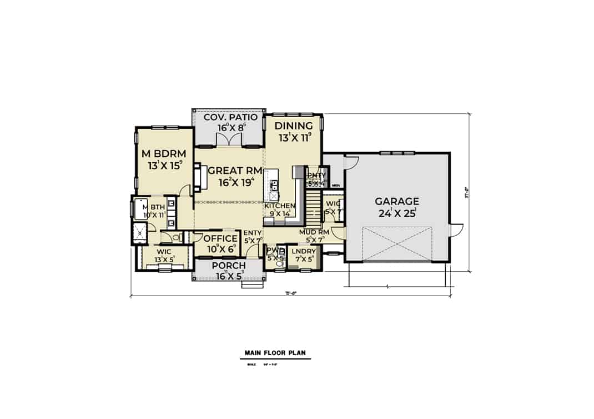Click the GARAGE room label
click(x=396, y=201)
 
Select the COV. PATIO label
click(x=230, y=117)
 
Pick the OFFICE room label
click(x=220, y=239)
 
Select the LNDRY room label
click(x=303, y=252)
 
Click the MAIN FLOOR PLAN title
click(x=275, y=352)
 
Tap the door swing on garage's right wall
click(x=456, y=228)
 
